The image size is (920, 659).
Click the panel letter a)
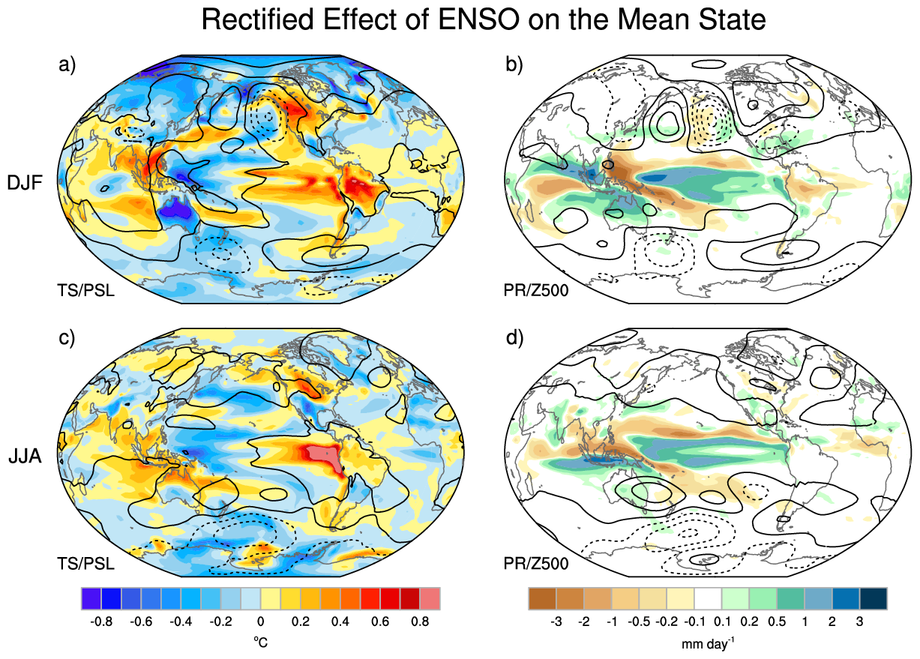[x=67, y=65]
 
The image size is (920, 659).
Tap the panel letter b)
[x=514, y=65]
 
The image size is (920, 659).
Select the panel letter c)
[x=67, y=338]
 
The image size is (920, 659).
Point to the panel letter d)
[x=514, y=338]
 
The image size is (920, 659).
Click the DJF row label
[x=25, y=183]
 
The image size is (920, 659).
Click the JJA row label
[x=25, y=456]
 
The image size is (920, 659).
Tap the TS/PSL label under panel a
[x=85, y=291]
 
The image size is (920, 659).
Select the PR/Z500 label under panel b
[x=536, y=291]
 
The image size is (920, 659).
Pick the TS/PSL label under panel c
[x=85, y=564]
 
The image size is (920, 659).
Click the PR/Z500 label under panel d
[x=536, y=564]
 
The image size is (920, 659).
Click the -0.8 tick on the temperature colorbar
[x=101, y=622]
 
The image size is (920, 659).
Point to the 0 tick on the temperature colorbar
[x=261, y=622]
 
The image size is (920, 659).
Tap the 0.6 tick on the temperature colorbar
[x=380, y=622]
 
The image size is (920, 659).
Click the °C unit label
[x=261, y=642]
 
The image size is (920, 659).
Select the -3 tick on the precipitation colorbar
[x=556, y=622]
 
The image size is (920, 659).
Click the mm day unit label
[x=708, y=643]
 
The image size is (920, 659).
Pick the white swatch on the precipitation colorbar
[x=708, y=598]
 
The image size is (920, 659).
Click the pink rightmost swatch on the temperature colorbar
[x=430, y=598]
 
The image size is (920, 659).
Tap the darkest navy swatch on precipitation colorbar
[x=874, y=598]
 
